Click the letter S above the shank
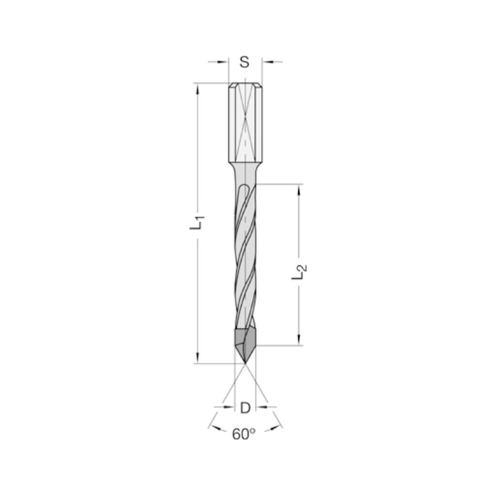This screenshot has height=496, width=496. (245, 62)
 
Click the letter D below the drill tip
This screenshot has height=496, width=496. (245, 408)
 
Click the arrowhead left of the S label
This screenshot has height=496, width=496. (224, 62)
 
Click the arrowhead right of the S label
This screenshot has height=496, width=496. (266, 62)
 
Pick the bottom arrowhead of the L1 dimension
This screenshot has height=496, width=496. (197, 358)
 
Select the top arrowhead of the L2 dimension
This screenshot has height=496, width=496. (299, 189)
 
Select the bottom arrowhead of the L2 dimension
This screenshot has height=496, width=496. (299, 340)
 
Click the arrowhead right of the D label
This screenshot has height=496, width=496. (260, 407)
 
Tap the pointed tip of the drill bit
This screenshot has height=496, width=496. (246, 363)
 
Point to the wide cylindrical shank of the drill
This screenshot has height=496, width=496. (245, 124)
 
